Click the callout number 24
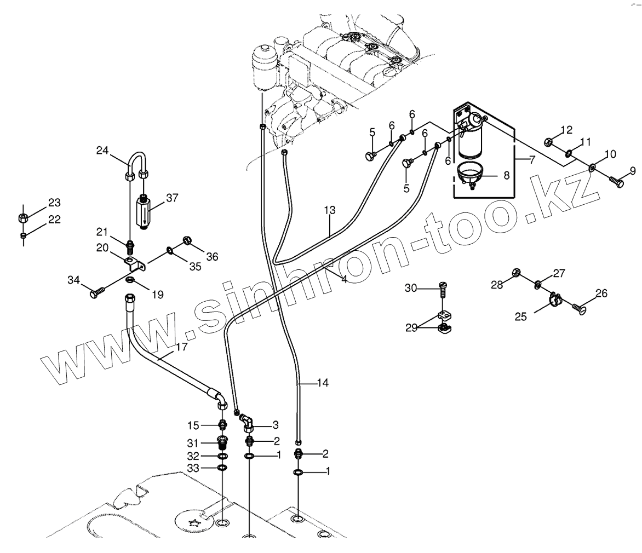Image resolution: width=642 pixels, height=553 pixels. [103, 150]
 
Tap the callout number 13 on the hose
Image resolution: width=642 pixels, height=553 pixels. [329, 210]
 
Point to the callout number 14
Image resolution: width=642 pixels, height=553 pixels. [323, 383]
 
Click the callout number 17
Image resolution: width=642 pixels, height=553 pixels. [181, 347]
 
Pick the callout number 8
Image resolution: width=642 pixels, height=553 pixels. [506, 175]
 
